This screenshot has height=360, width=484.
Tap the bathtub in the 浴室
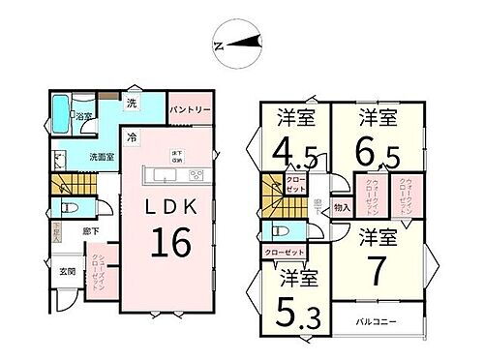point(61,115)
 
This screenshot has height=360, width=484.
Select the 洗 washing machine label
point(132,103)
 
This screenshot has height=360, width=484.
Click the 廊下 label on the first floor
point(89,231)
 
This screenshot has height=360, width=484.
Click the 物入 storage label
point(340,206)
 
